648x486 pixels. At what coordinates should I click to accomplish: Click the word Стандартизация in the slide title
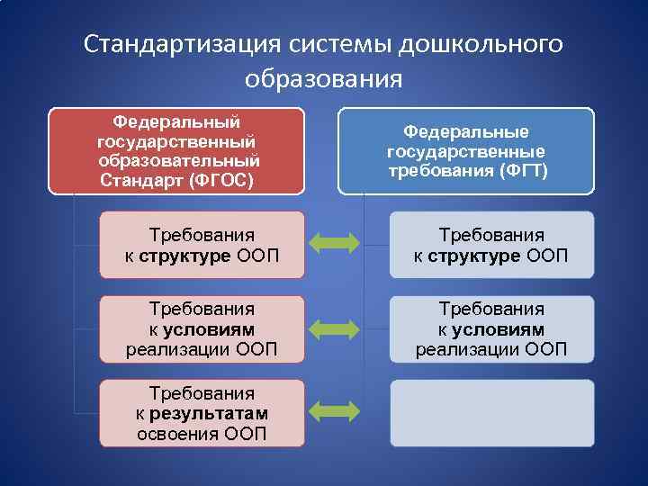181,44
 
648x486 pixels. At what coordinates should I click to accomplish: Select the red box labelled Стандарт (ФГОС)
176,150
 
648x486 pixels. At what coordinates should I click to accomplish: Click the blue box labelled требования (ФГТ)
466,150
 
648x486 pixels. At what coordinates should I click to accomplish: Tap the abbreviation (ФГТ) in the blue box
516,170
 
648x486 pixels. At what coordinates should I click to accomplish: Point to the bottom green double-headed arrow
334,412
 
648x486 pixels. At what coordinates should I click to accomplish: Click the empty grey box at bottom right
491,413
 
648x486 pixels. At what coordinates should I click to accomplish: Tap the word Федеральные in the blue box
465,131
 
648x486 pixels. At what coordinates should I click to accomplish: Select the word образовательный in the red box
180,159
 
